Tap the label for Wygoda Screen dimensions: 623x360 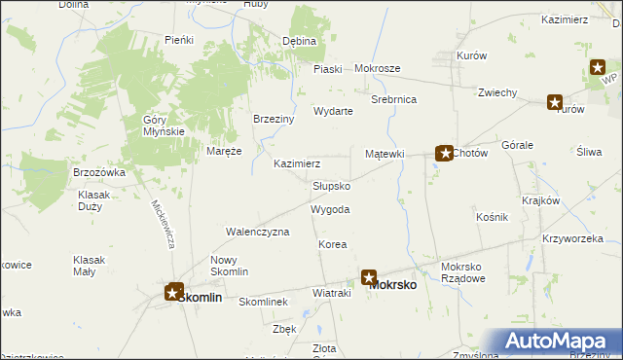(x=330, y=209)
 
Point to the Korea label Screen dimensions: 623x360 (x=332, y=245)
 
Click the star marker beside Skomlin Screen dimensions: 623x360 (x=174, y=291)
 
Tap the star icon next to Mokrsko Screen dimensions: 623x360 (x=370, y=277)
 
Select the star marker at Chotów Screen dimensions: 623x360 (x=443, y=153)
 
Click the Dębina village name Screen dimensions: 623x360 (x=299, y=42)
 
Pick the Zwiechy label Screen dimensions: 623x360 (x=496, y=92)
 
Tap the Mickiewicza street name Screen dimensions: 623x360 (x=162, y=224)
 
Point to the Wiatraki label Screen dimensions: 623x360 (x=330, y=292)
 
